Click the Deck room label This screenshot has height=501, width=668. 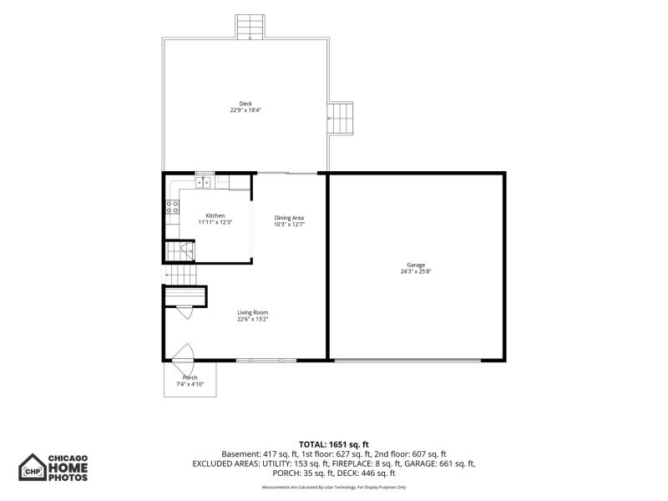(245, 104)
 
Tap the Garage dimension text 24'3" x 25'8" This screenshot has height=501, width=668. (416, 271)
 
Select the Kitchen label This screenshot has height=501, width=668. (215, 215)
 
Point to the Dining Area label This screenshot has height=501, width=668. (289, 218)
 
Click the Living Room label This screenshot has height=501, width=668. (253, 312)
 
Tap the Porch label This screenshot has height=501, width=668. (190, 377)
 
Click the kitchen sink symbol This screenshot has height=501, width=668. (203, 182)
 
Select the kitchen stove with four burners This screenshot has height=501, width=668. (173, 207)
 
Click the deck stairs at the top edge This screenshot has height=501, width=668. (250, 27)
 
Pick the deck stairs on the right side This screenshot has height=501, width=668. (341, 118)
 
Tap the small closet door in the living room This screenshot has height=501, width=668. (185, 312)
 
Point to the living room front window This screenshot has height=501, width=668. (266, 361)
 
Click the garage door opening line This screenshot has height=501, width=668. (407, 361)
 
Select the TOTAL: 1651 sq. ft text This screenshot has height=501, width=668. (333, 445)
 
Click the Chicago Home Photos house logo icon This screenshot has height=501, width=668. (32, 468)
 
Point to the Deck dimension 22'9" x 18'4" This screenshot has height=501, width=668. (245, 110)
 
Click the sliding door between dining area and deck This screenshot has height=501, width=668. (287, 173)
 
